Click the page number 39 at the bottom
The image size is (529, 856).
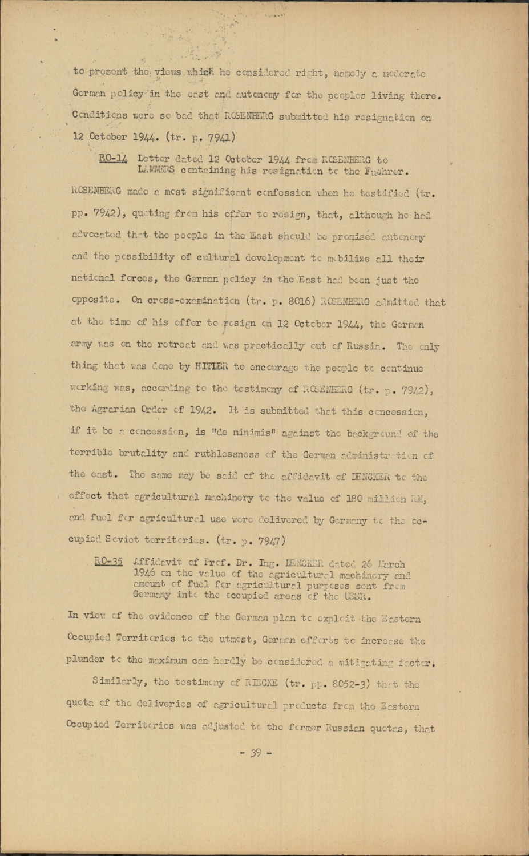[x=256, y=753]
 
